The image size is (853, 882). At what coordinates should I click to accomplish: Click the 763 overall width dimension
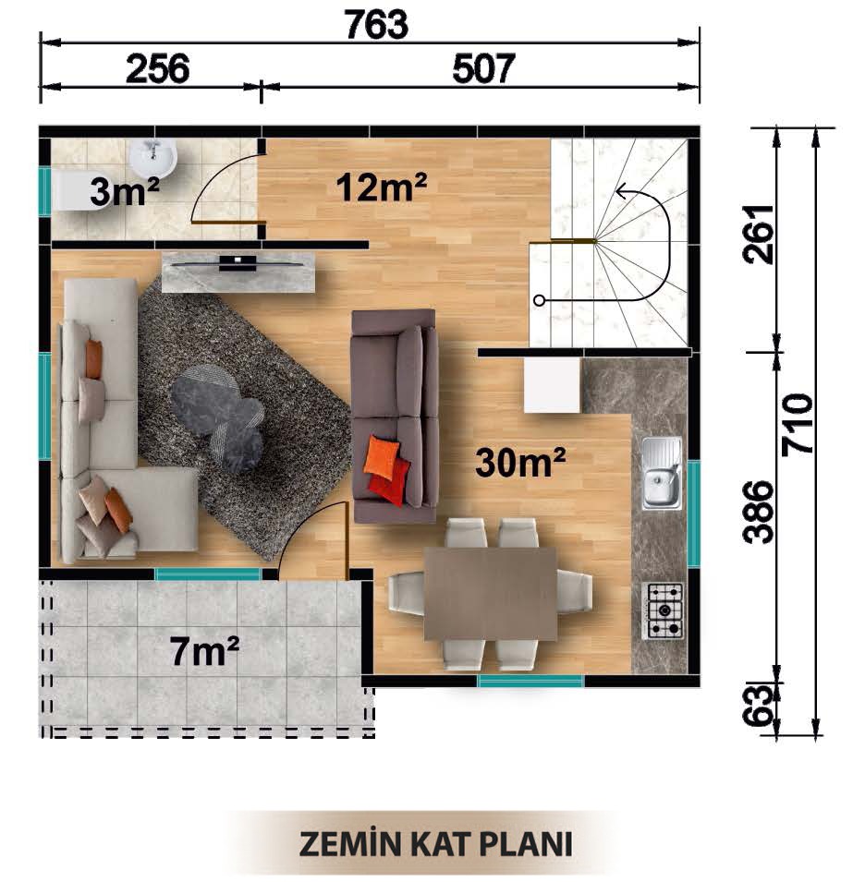[376, 25]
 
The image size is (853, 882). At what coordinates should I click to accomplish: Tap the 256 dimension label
[158, 69]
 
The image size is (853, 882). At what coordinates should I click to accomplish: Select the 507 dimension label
[483, 69]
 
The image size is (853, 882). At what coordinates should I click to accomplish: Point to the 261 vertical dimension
[758, 234]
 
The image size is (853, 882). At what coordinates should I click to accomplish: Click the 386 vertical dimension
[758, 512]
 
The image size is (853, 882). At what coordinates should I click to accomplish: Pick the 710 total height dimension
[798, 424]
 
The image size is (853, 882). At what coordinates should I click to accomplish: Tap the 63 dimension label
[758, 706]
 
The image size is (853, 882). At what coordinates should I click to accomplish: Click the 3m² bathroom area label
[125, 191]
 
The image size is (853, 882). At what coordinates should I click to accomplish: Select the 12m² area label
[381, 187]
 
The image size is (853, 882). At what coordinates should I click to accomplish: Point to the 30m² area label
[520, 463]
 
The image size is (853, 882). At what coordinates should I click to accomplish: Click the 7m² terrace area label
[204, 651]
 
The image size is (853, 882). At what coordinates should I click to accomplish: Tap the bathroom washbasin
[153, 156]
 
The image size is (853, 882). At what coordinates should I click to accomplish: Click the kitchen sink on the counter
[662, 473]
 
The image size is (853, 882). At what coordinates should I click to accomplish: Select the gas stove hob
[664, 610]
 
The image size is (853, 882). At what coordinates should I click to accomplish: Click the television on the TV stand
[238, 262]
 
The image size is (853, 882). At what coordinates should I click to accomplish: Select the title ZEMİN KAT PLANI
[435, 844]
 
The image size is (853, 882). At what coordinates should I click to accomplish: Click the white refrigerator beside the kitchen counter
[552, 385]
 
